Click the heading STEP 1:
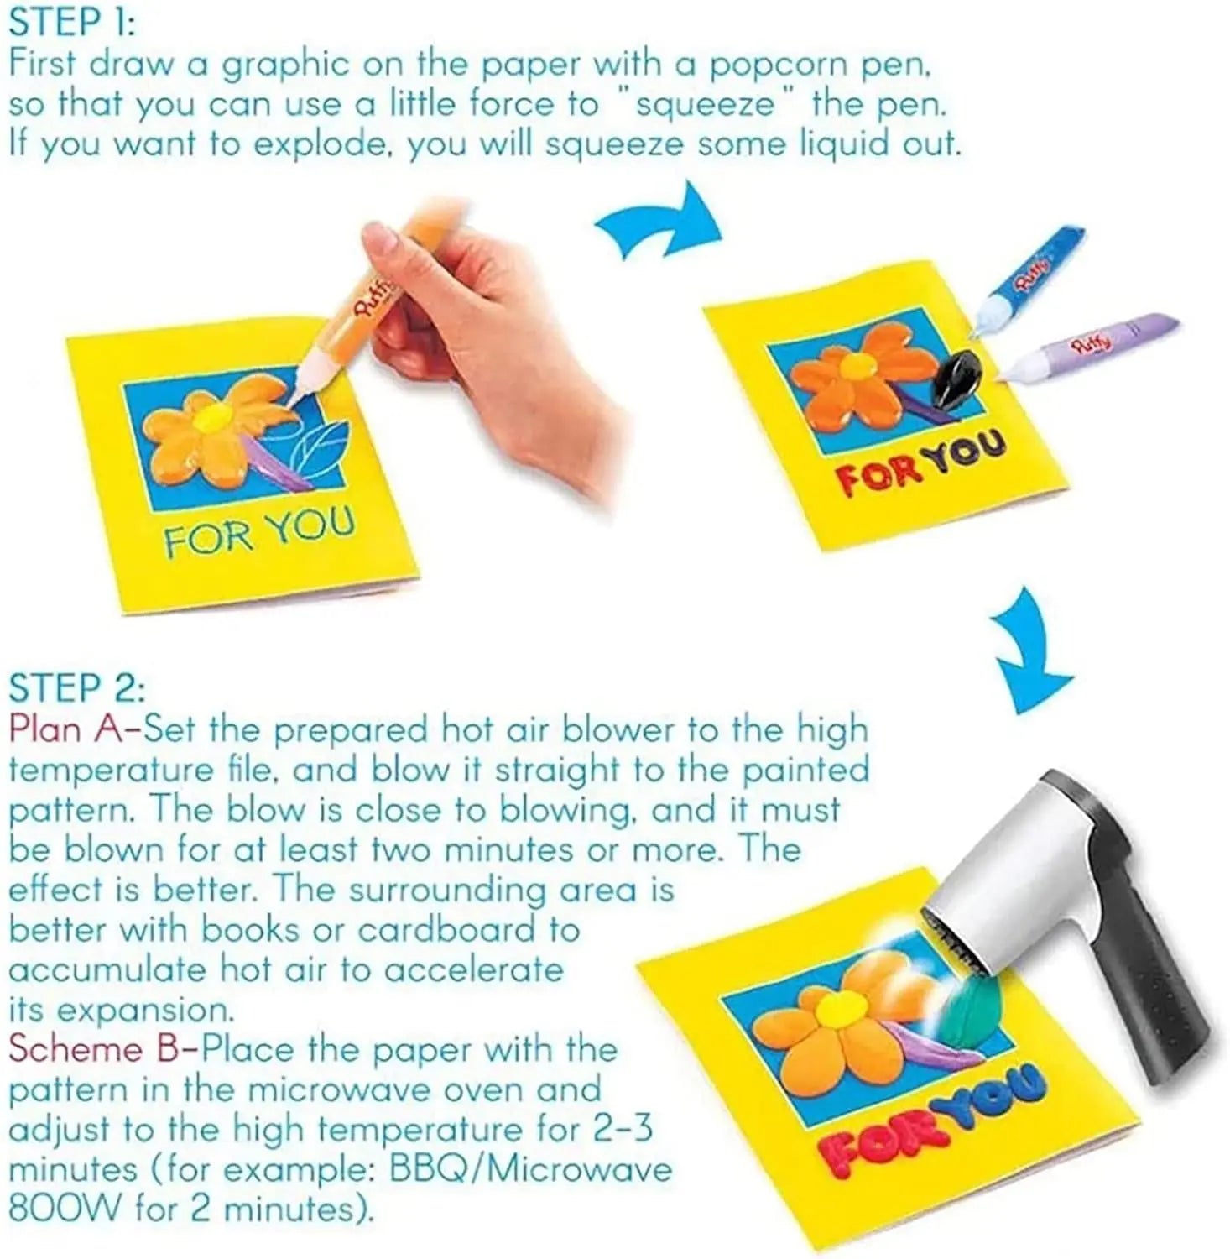[70, 23]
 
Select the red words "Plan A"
[66, 729]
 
